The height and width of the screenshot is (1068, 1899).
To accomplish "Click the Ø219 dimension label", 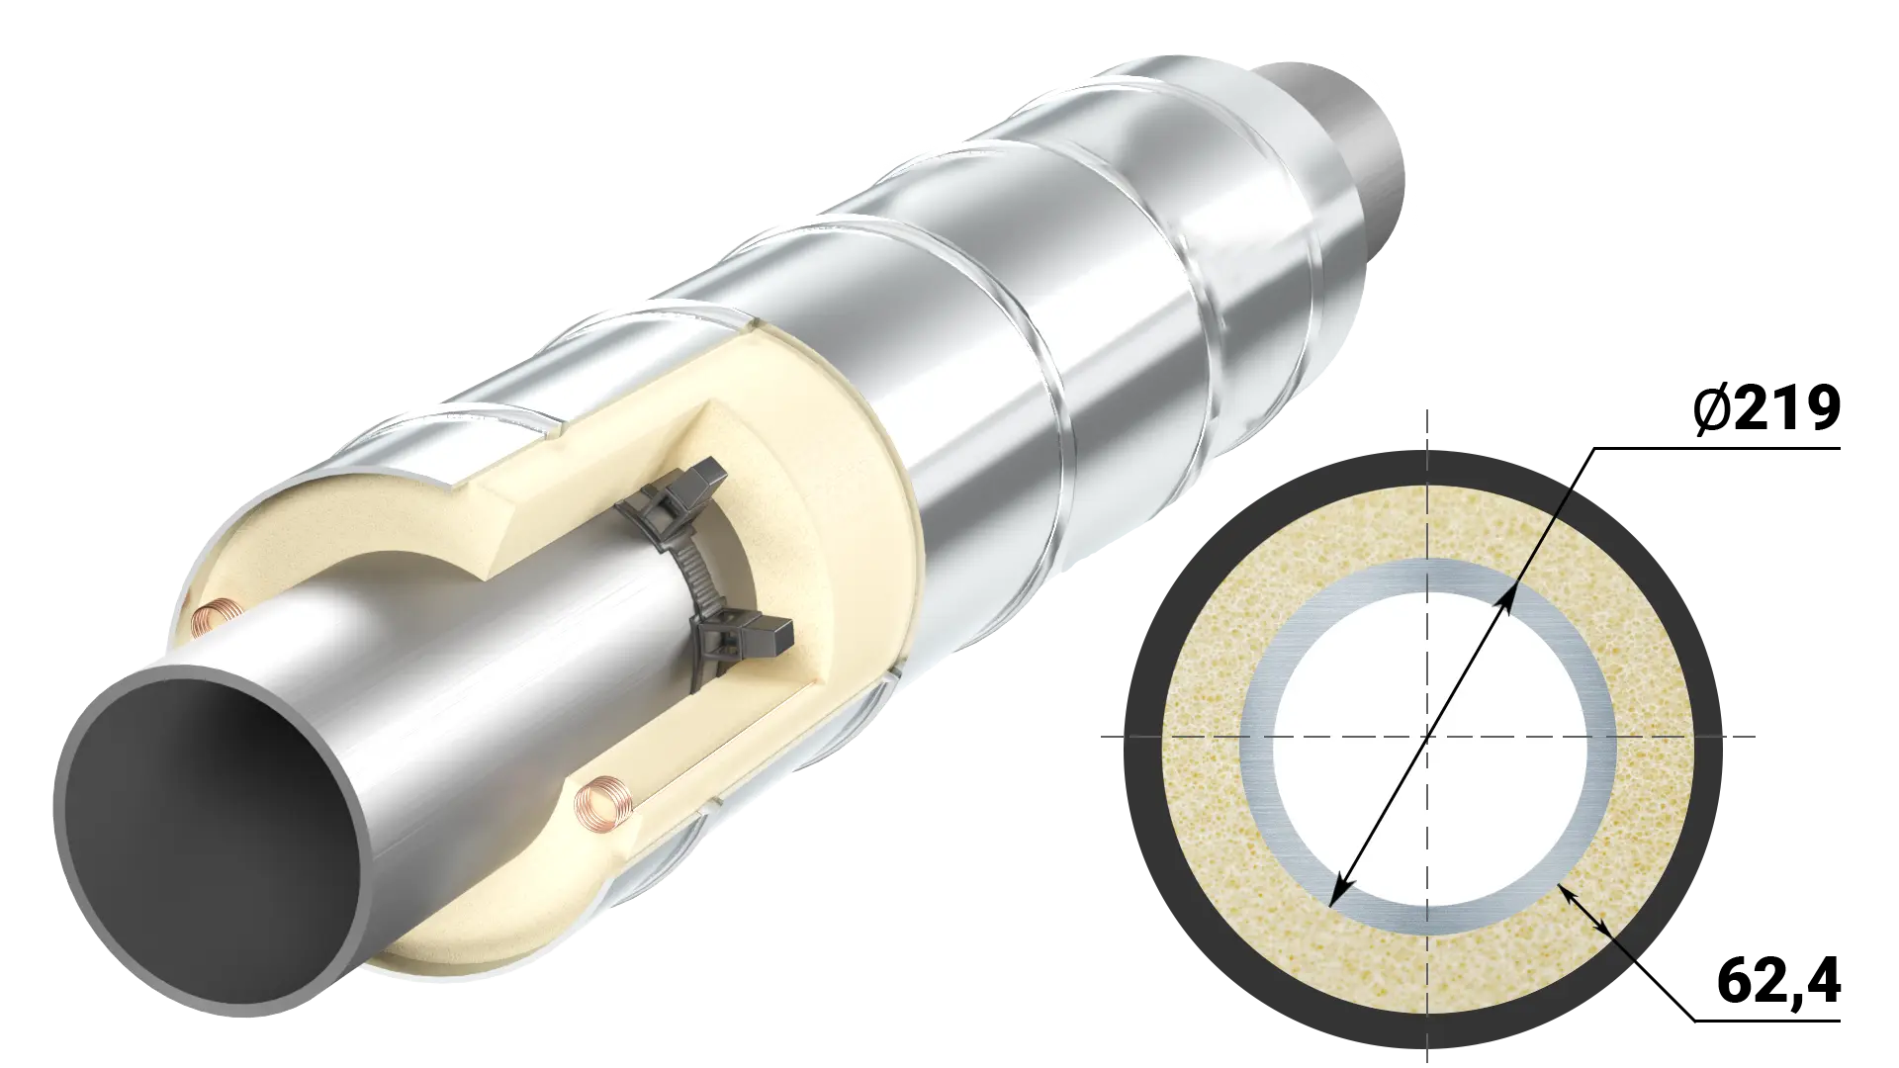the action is (1765, 408).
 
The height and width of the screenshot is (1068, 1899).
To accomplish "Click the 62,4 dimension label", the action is (1778, 980).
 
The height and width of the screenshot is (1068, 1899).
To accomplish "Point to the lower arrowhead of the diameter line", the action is (1337, 892).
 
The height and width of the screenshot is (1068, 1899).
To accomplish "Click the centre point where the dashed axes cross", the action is (1426, 736).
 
